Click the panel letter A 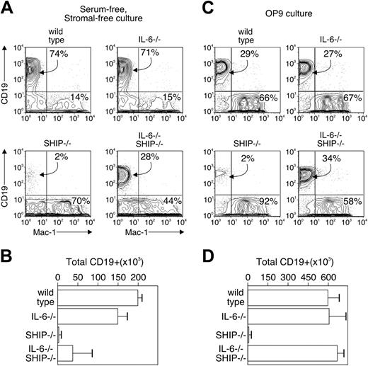click(x=8, y=8)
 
